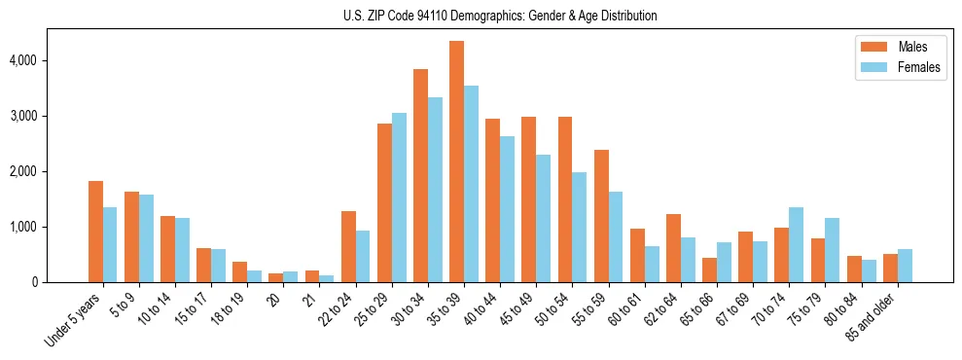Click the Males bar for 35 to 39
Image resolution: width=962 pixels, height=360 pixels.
456,162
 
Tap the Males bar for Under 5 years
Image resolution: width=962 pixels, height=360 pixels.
95,232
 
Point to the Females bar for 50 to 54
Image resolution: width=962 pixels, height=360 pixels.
579,227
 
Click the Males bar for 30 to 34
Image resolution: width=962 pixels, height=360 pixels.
420,175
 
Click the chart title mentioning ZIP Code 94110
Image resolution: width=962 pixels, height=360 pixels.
500,16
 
